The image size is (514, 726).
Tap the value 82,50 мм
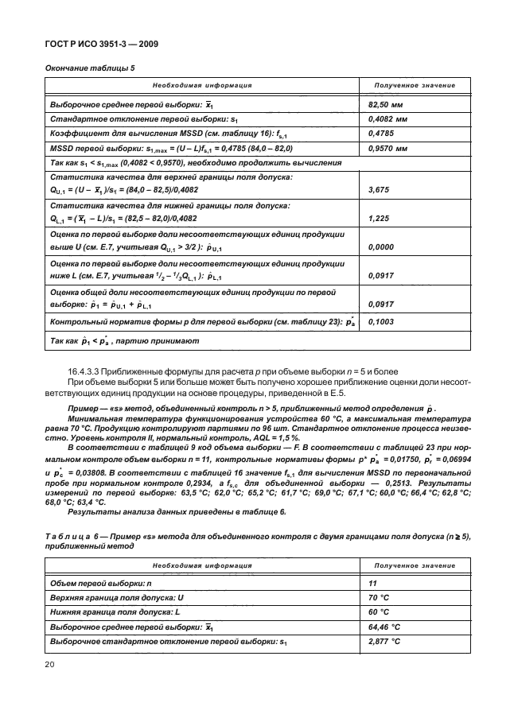pyautogui.click(x=387, y=104)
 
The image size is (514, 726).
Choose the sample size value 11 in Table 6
pyautogui.click(x=373, y=584)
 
